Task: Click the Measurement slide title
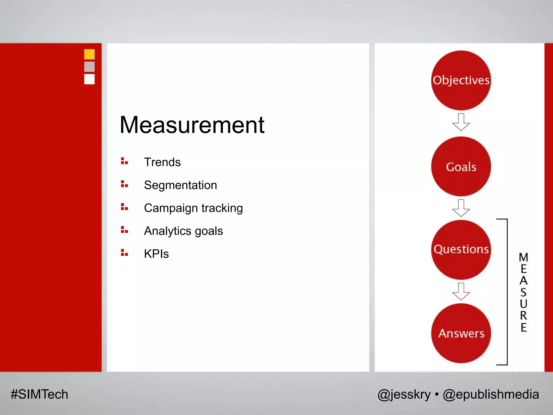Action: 192,125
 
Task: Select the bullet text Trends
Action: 162,162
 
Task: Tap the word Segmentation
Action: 180,185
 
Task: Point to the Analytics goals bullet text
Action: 183,231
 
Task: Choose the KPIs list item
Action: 156,254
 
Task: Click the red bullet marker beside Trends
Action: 124,161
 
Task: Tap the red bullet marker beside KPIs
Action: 124,253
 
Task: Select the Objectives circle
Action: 461,80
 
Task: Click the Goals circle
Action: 461,166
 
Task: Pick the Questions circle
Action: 461,249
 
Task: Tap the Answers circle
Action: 461,333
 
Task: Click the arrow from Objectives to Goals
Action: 461,122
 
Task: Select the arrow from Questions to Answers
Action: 461,292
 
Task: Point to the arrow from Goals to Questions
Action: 461,208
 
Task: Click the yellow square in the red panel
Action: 89,54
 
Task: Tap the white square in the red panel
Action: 89,79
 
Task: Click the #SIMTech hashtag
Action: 39,394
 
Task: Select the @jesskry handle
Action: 404,394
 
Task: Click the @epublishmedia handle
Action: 491,394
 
